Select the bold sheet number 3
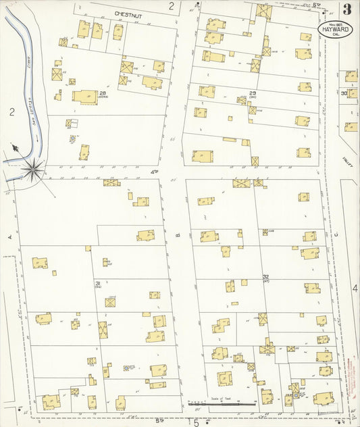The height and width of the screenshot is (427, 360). (346, 9)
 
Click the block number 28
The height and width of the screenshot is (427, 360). (103, 94)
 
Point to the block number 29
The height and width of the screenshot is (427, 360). (253, 93)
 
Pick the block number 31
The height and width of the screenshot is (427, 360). (97, 282)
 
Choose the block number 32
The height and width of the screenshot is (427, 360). (266, 277)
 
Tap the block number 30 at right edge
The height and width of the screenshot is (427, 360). (344, 93)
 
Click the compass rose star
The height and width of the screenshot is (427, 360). (32, 169)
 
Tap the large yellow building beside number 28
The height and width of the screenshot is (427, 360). (85, 97)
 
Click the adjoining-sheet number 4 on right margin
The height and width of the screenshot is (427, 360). (355, 288)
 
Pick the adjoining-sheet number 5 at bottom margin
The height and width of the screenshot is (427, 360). (196, 423)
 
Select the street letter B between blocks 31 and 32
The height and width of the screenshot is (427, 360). (178, 235)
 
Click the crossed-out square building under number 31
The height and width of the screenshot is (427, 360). (110, 302)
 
